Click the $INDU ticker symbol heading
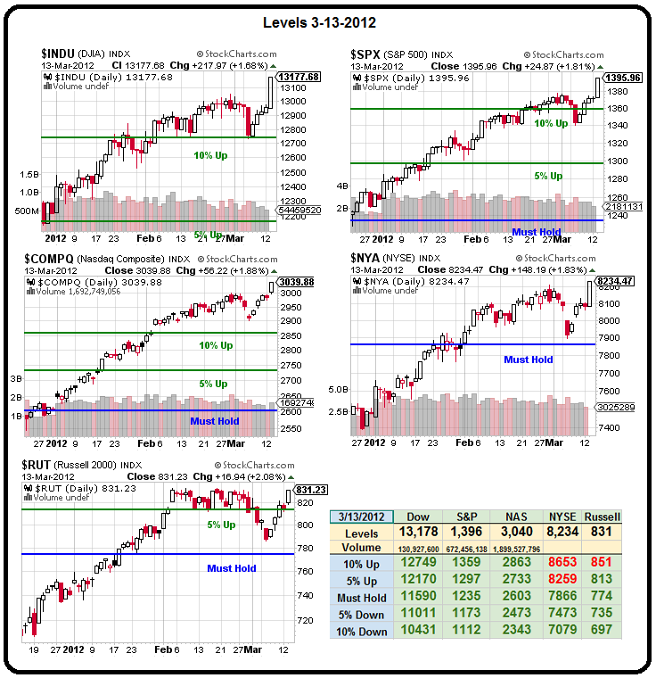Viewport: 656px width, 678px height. click(x=60, y=54)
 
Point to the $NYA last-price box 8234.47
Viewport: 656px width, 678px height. click(x=615, y=281)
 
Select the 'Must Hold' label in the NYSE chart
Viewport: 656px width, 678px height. click(x=529, y=360)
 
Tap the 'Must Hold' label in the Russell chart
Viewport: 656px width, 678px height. click(x=232, y=568)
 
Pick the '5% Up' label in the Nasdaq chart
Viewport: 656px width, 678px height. click(x=213, y=384)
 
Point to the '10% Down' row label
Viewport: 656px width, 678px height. click(x=362, y=631)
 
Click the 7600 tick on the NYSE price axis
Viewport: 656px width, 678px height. click(x=611, y=391)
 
